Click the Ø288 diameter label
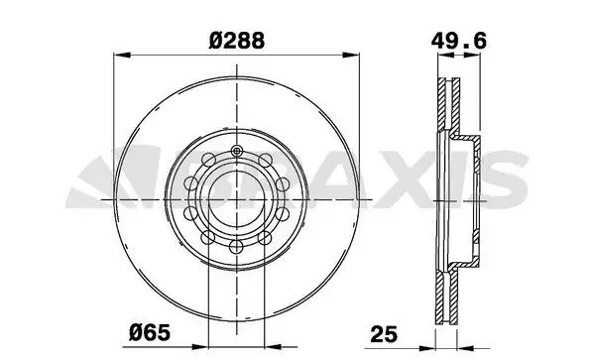pos(236,41)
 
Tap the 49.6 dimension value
pos(458,41)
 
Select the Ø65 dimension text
pos(150,333)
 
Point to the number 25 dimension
pos(384,334)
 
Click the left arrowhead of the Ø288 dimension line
pos(122,56)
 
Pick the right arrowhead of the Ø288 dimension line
pos(351,56)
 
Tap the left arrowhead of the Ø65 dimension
pos(200,347)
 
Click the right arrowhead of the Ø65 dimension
pos(273,347)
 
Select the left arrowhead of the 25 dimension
pos(426,347)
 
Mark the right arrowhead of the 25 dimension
pos(466,347)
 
